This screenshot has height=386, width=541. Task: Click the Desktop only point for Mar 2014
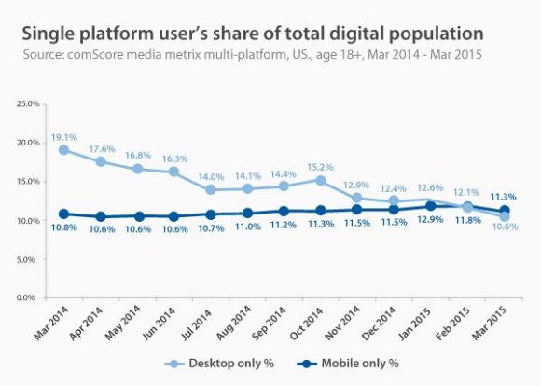63,149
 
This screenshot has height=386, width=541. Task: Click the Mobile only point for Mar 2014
63,214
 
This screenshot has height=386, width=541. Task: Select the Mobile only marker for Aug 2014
247,213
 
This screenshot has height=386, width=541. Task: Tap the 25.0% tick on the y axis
36,103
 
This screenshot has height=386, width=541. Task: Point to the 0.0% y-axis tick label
39,297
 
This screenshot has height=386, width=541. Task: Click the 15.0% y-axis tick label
36,181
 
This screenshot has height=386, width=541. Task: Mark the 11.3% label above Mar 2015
505,196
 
